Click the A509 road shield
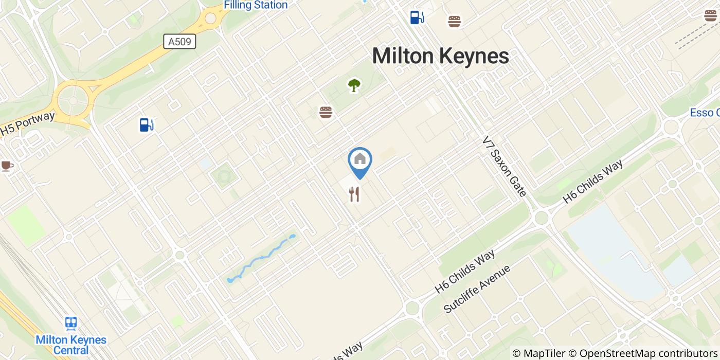coord(179,42)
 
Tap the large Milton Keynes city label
coord(440,56)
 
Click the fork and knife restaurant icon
coord(354,194)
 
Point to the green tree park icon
coord(354,85)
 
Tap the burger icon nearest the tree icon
coord(326,112)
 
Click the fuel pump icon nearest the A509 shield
coord(147,124)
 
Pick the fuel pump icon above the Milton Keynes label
coord(417,17)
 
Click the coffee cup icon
coord(6,166)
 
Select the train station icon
coord(71,323)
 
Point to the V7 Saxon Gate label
coord(505,166)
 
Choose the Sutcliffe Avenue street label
coord(477,289)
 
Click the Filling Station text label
coord(256,5)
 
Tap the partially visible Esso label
coord(705,113)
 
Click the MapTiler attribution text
coord(538,353)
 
